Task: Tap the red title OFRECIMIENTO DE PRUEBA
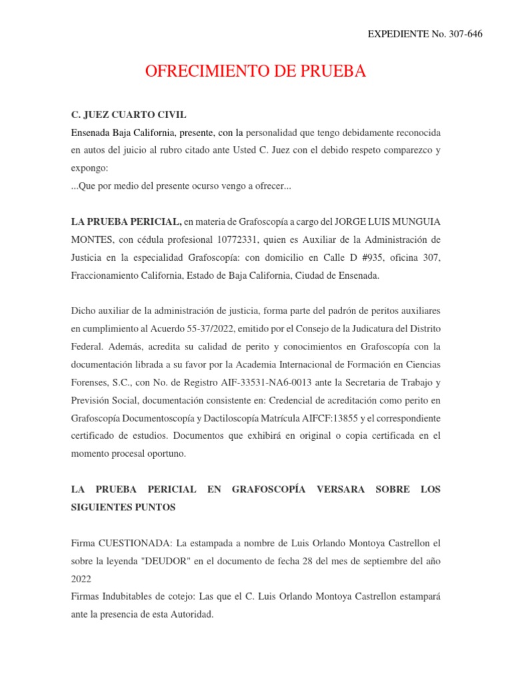pyautogui.click(x=256, y=71)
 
